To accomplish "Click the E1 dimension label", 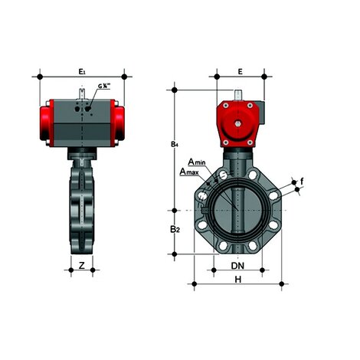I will pos(82,70).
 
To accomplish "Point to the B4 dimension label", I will pos(175,144).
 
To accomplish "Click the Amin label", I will pos(196,162).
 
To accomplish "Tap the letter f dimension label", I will pos(302,181).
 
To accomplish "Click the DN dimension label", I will pos(238,265).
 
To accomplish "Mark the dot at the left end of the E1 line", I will pos(40,77).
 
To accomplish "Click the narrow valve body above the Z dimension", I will pos(81,207).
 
